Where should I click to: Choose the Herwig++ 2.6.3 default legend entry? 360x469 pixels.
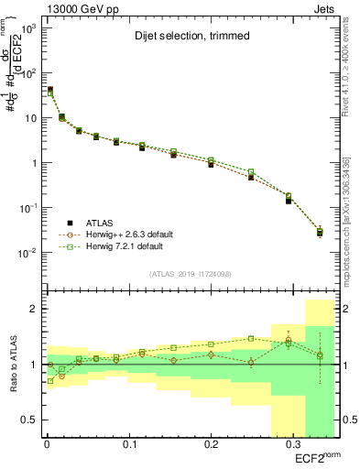124,234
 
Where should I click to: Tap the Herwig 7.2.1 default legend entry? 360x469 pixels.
120,246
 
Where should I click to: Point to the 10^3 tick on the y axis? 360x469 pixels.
27,28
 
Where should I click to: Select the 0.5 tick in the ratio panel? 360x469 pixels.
31,420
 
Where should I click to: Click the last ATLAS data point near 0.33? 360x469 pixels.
320,233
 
